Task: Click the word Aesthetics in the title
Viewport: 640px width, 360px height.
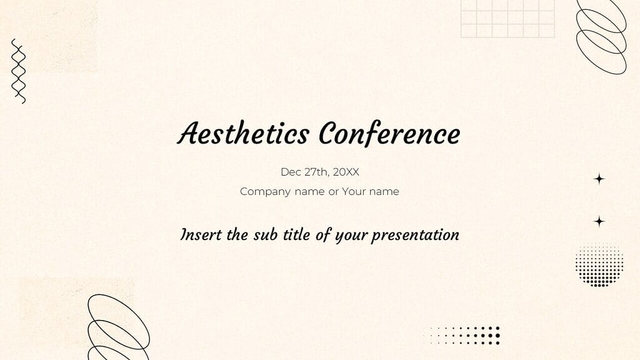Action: [x=243, y=133]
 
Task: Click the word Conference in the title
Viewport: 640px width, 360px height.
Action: [x=389, y=133]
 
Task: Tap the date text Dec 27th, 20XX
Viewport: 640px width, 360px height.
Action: [x=319, y=172]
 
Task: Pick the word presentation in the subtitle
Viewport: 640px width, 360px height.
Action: [x=415, y=236]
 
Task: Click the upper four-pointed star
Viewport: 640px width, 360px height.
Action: [x=599, y=179]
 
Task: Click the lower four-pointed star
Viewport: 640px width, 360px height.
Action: [x=599, y=221]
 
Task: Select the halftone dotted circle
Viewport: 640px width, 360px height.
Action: [x=599, y=264]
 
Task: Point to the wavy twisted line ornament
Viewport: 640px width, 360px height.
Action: [x=18, y=71]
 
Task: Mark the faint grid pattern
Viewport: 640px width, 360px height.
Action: [x=507, y=19]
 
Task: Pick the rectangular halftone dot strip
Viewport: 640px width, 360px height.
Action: [x=462, y=335]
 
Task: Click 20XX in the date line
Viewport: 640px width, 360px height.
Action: [x=346, y=172]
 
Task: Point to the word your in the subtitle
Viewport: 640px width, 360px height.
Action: [x=351, y=236]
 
